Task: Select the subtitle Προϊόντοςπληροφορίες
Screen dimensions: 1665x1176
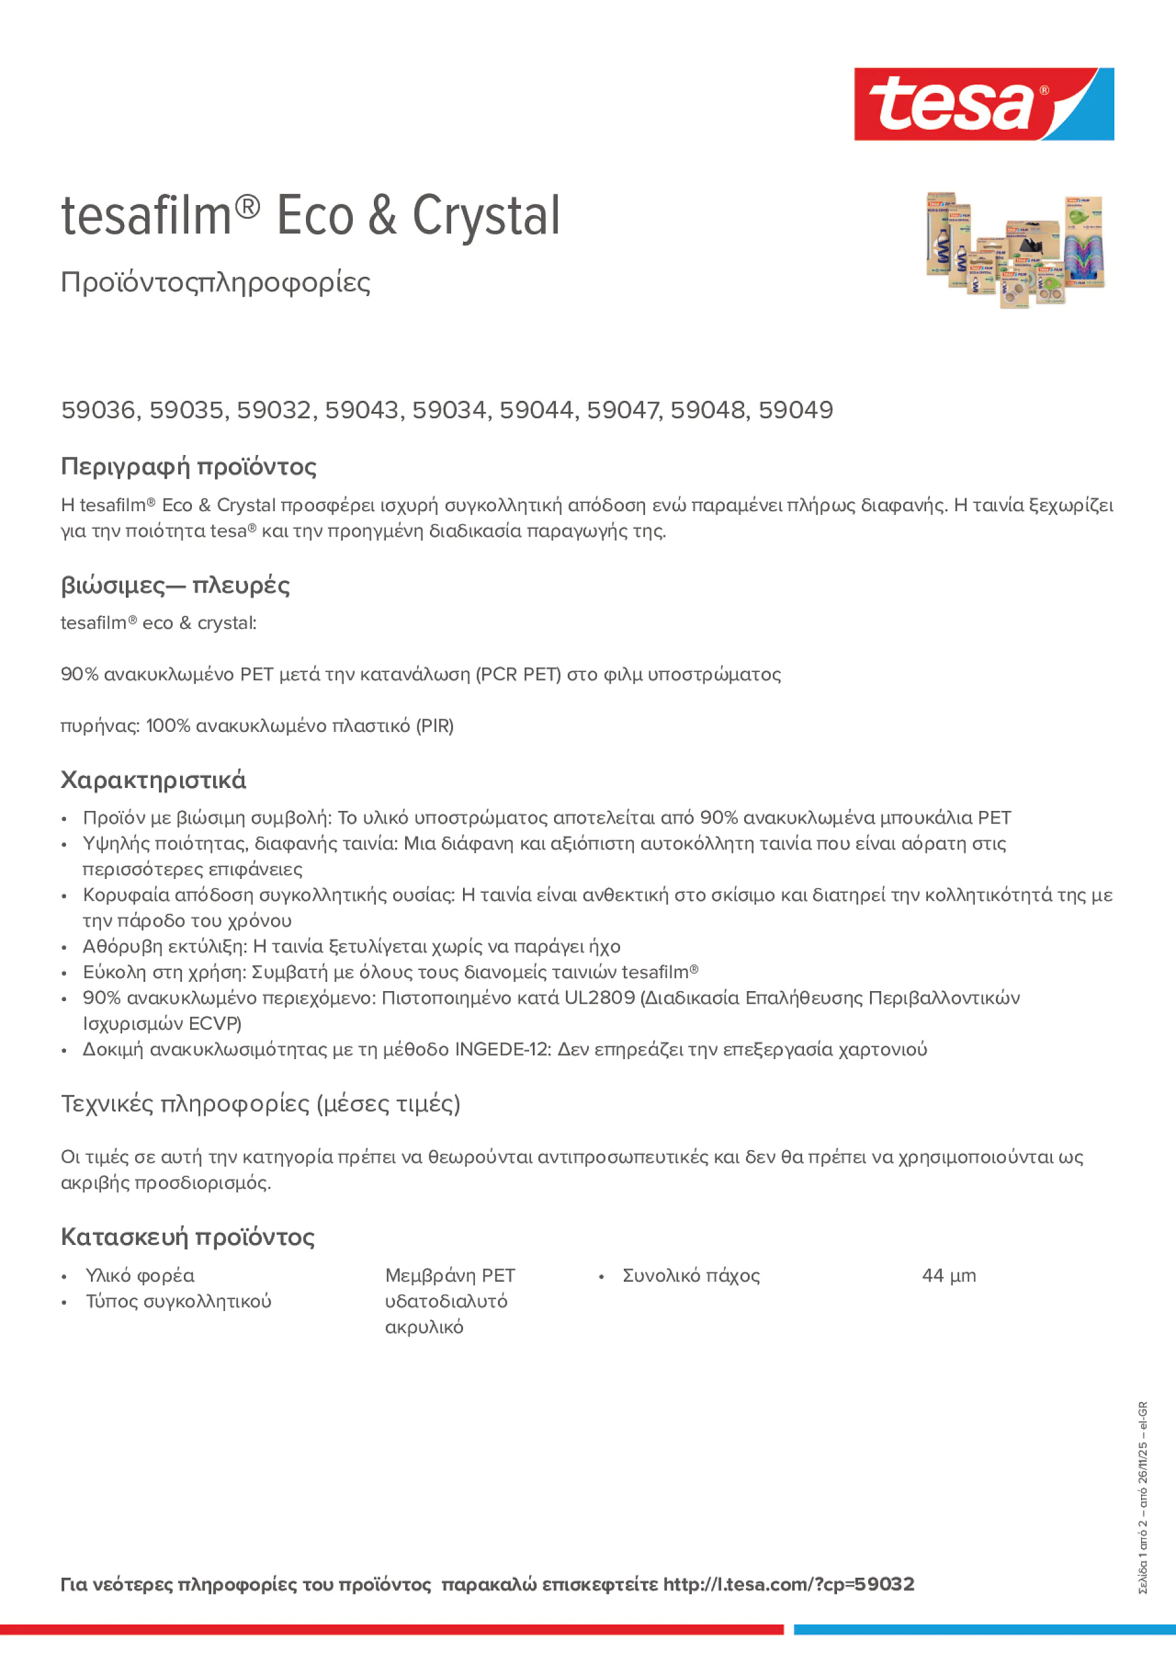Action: (216, 282)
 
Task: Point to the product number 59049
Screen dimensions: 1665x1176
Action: (795, 410)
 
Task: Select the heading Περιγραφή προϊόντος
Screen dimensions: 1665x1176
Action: (188, 466)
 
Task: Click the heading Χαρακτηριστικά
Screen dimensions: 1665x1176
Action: (153, 780)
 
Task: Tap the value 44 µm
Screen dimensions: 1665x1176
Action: (949, 1275)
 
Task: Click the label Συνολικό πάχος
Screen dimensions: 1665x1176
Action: (691, 1275)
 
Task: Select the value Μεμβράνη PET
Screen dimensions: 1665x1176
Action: (449, 1275)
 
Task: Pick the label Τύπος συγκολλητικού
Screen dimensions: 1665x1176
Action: (178, 1301)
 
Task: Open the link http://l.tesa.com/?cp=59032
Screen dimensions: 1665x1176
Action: (788, 1584)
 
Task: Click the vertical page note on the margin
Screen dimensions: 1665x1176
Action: (1142, 1497)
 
